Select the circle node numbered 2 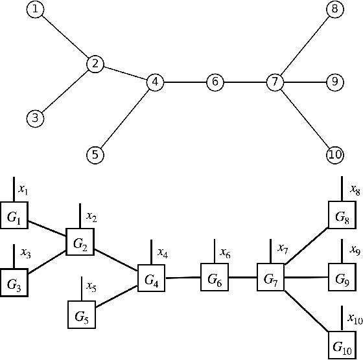(x=95, y=63)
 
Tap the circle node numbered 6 (x=215, y=82)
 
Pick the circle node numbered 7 (x=275, y=82)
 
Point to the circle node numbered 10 (x=334, y=155)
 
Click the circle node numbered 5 (x=95, y=155)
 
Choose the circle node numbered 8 (x=334, y=9)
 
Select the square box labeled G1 (x=14, y=218)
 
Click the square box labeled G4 (x=151, y=281)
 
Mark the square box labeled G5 (x=82, y=317)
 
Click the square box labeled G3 (x=14, y=282)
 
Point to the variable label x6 (x=225, y=253)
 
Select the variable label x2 (x=91, y=217)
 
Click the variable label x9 (x=355, y=249)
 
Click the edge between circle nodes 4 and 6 (x=185, y=82)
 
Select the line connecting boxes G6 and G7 (x=242, y=278)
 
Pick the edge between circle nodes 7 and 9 (x=305, y=82)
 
